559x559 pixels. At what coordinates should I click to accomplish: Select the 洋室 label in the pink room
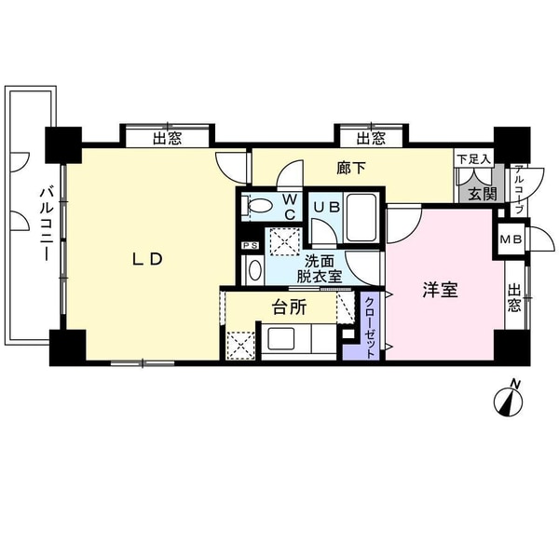point(440,290)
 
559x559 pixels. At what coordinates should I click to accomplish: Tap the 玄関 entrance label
point(482,194)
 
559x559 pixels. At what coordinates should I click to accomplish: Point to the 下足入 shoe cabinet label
point(471,159)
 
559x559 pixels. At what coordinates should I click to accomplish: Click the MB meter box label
point(511,239)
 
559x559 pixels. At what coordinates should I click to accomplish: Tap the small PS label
point(249,245)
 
